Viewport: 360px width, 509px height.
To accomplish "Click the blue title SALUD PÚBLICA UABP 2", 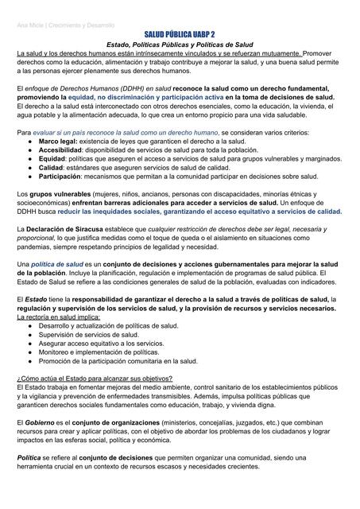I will [180, 35].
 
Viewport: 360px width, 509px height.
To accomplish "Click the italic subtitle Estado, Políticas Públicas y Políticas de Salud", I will [180, 45].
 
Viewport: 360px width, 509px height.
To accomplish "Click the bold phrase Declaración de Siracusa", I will [67, 229].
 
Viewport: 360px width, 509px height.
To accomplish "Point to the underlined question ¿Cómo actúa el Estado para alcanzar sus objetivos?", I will [95, 378].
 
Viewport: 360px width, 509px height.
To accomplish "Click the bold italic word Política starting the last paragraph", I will [30, 457].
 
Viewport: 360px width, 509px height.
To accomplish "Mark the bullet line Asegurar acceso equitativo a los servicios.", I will [104, 343].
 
